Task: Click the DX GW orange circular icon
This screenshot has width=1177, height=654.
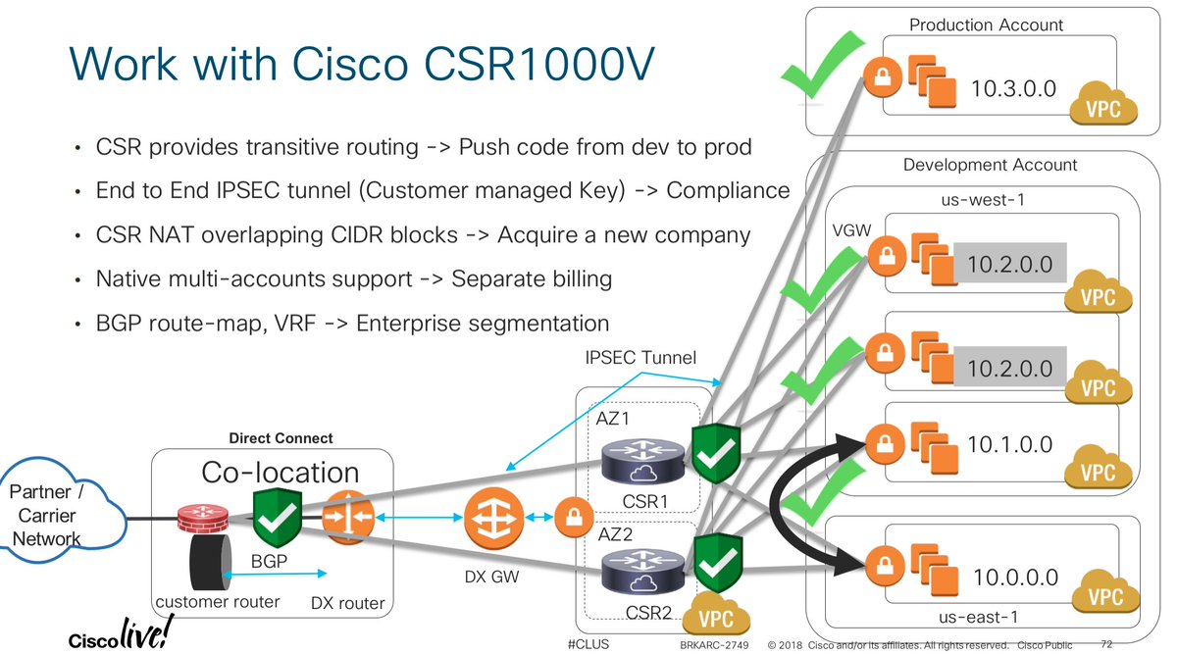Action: (x=487, y=517)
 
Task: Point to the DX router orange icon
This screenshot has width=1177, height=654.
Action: (x=344, y=516)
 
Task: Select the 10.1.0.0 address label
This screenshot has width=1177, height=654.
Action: (x=1009, y=444)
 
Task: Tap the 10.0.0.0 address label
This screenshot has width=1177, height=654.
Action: (x=1016, y=578)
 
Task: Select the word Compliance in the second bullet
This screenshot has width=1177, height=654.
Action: (x=728, y=189)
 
